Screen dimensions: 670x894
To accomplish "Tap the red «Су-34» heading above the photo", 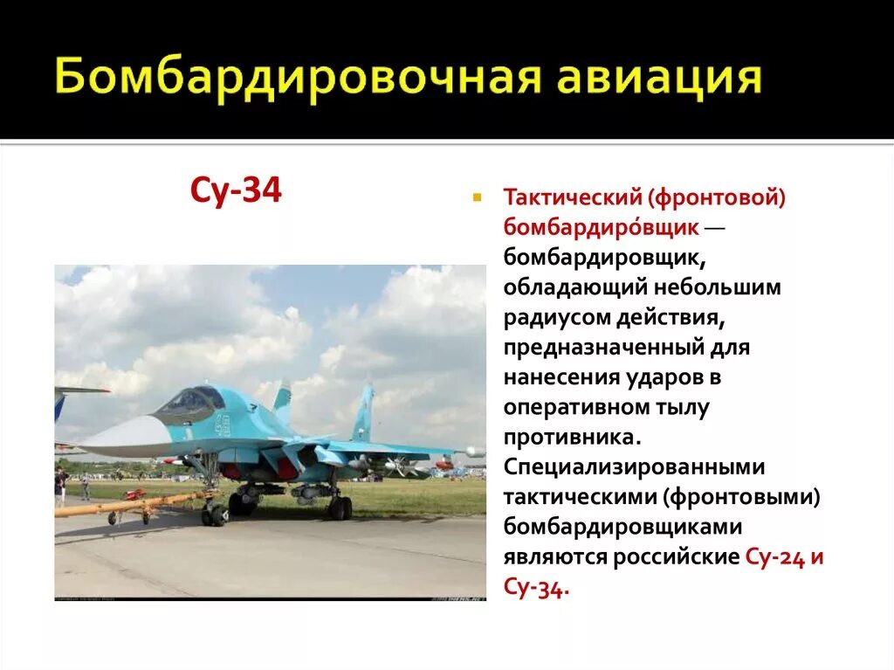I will pyautogui.click(x=236, y=190).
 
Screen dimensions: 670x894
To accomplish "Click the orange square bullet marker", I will pyautogui.click(x=477, y=198).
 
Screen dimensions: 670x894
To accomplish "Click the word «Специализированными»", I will pyautogui.click(x=634, y=466).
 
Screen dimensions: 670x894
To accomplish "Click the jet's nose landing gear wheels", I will pyautogui.click(x=214, y=515).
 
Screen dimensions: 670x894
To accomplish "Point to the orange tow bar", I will pyautogui.click(x=131, y=504).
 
